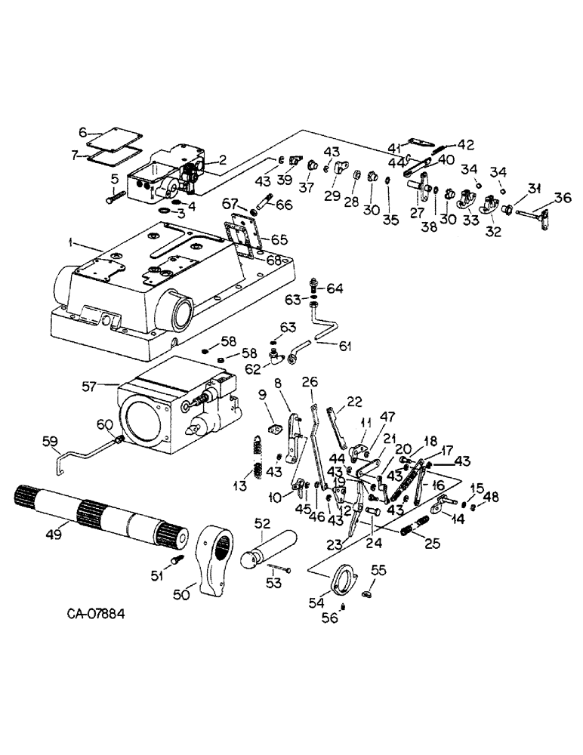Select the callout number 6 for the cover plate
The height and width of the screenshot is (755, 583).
(x=84, y=130)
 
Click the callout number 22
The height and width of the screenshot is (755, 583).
(x=353, y=400)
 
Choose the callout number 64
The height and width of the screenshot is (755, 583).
(x=335, y=288)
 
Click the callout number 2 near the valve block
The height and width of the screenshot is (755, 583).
(x=222, y=159)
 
